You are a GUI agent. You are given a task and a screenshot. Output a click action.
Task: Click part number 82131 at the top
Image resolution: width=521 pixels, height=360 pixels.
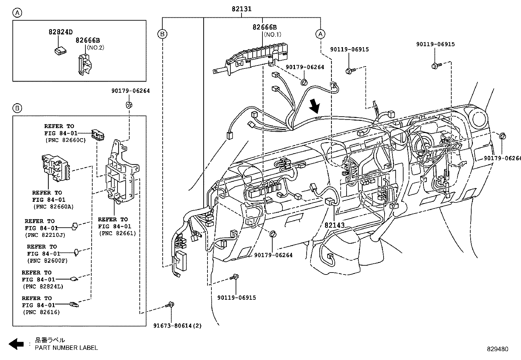click(242, 9)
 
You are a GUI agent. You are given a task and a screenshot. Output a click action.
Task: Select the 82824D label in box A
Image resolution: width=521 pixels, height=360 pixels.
click(61, 32)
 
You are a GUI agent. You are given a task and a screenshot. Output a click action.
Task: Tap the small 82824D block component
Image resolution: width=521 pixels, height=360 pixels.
click(60, 51)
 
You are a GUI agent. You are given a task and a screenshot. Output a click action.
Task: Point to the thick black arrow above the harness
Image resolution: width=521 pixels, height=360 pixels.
click(315, 106)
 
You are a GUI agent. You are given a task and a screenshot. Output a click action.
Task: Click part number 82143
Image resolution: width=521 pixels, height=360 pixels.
click(334, 225)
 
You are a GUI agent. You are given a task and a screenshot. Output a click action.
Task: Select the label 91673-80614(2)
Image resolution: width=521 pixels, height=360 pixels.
click(177, 326)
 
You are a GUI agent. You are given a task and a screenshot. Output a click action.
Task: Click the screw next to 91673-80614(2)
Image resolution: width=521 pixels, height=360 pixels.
click(170, 305)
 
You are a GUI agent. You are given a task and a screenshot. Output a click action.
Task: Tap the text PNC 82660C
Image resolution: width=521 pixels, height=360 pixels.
click(65, 140)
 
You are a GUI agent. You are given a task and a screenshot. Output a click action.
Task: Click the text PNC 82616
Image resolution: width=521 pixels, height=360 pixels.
click(42, 312)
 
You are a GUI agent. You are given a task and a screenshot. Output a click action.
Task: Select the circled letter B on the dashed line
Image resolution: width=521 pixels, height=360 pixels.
click(162, 34)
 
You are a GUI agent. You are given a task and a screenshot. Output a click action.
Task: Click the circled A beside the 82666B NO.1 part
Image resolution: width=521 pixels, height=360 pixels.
click(320, 34)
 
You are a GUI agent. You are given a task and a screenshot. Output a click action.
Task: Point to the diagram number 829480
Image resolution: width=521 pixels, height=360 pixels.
click(497, 349)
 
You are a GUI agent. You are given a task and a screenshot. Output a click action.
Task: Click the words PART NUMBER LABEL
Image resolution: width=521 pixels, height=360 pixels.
click(66, 348)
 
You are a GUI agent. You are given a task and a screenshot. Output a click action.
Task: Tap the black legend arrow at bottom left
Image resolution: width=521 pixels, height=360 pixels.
click(16, 344)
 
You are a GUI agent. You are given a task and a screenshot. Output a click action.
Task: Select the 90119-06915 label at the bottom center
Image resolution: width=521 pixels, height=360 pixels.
click(237, 298)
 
